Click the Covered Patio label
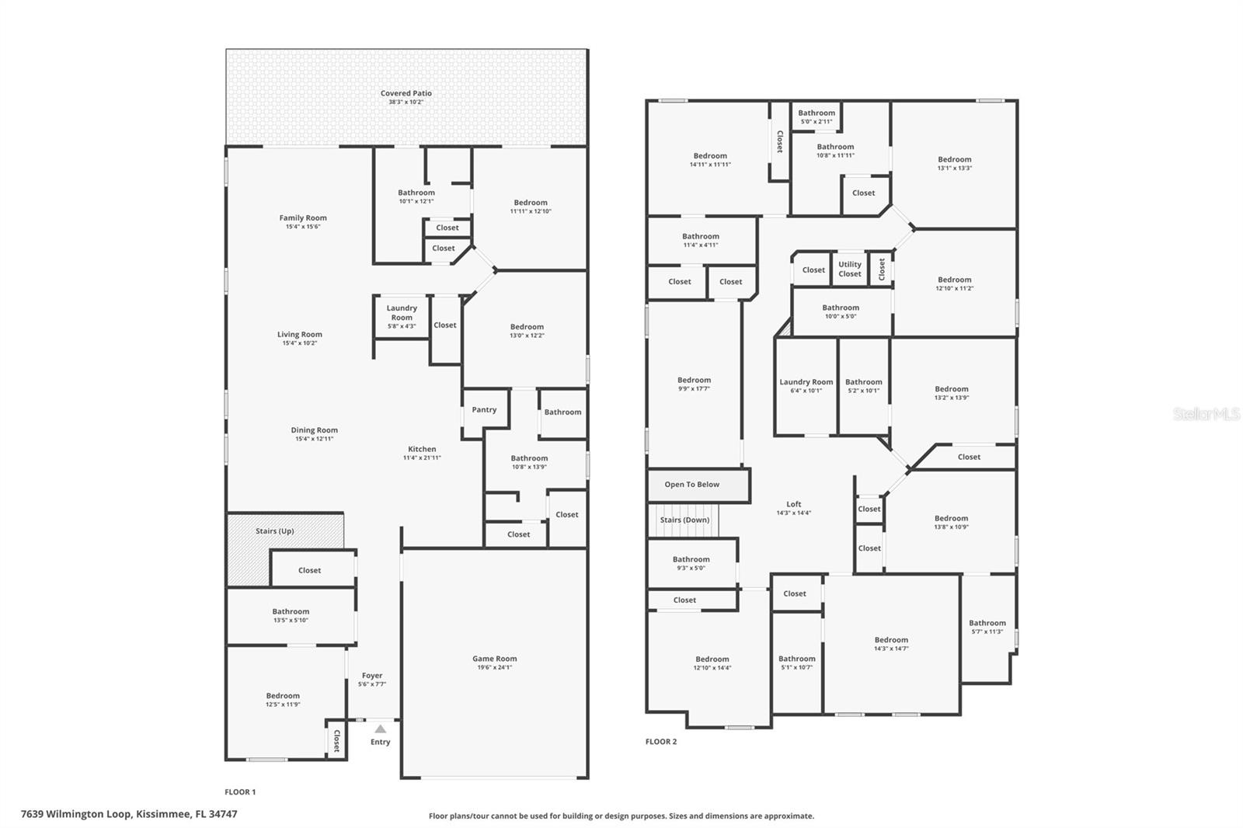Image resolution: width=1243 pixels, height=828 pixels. (406, 94)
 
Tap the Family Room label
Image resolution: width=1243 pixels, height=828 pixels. (303, 218)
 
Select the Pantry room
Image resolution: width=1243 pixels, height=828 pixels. (484, 410)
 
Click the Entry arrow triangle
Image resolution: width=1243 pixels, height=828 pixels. (380, 729)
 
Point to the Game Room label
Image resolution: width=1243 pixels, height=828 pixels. (494, 659)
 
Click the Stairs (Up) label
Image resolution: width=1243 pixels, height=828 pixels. (275, 531)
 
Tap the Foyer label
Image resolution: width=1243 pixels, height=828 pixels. (371, 676)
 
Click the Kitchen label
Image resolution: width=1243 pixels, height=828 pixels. (422, 449)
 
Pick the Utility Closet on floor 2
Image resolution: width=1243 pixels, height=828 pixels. (850, 269)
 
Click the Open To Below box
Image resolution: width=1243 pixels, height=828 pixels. (691, 485)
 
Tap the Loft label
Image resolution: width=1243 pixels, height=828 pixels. (793, 504)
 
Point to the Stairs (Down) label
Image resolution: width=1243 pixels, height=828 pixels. (684, 520)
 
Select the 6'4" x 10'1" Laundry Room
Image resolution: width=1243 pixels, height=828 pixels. (806, 386)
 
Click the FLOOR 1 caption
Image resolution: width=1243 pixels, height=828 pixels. (240, 792)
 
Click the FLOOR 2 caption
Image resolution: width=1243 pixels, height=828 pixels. (661, 742)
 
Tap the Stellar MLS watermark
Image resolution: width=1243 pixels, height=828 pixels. (1206, 415)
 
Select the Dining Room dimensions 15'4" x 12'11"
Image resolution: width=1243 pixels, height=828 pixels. (314, 439)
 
